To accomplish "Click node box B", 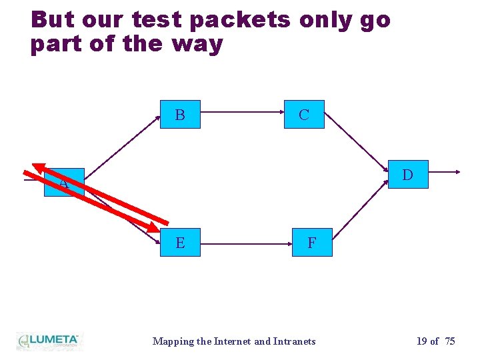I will point(180,115).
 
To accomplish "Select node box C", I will point(304,115).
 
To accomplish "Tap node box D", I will point(408,175).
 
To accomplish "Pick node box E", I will point(180,243).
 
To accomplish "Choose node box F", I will point(311,243).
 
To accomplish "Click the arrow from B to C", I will point(242,115).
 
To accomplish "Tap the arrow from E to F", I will point(246,243).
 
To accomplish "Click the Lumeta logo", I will point(48,341).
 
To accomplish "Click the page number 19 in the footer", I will point(422,341).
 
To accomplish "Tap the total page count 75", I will point(450,341).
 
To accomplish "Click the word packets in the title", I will point(241,20).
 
